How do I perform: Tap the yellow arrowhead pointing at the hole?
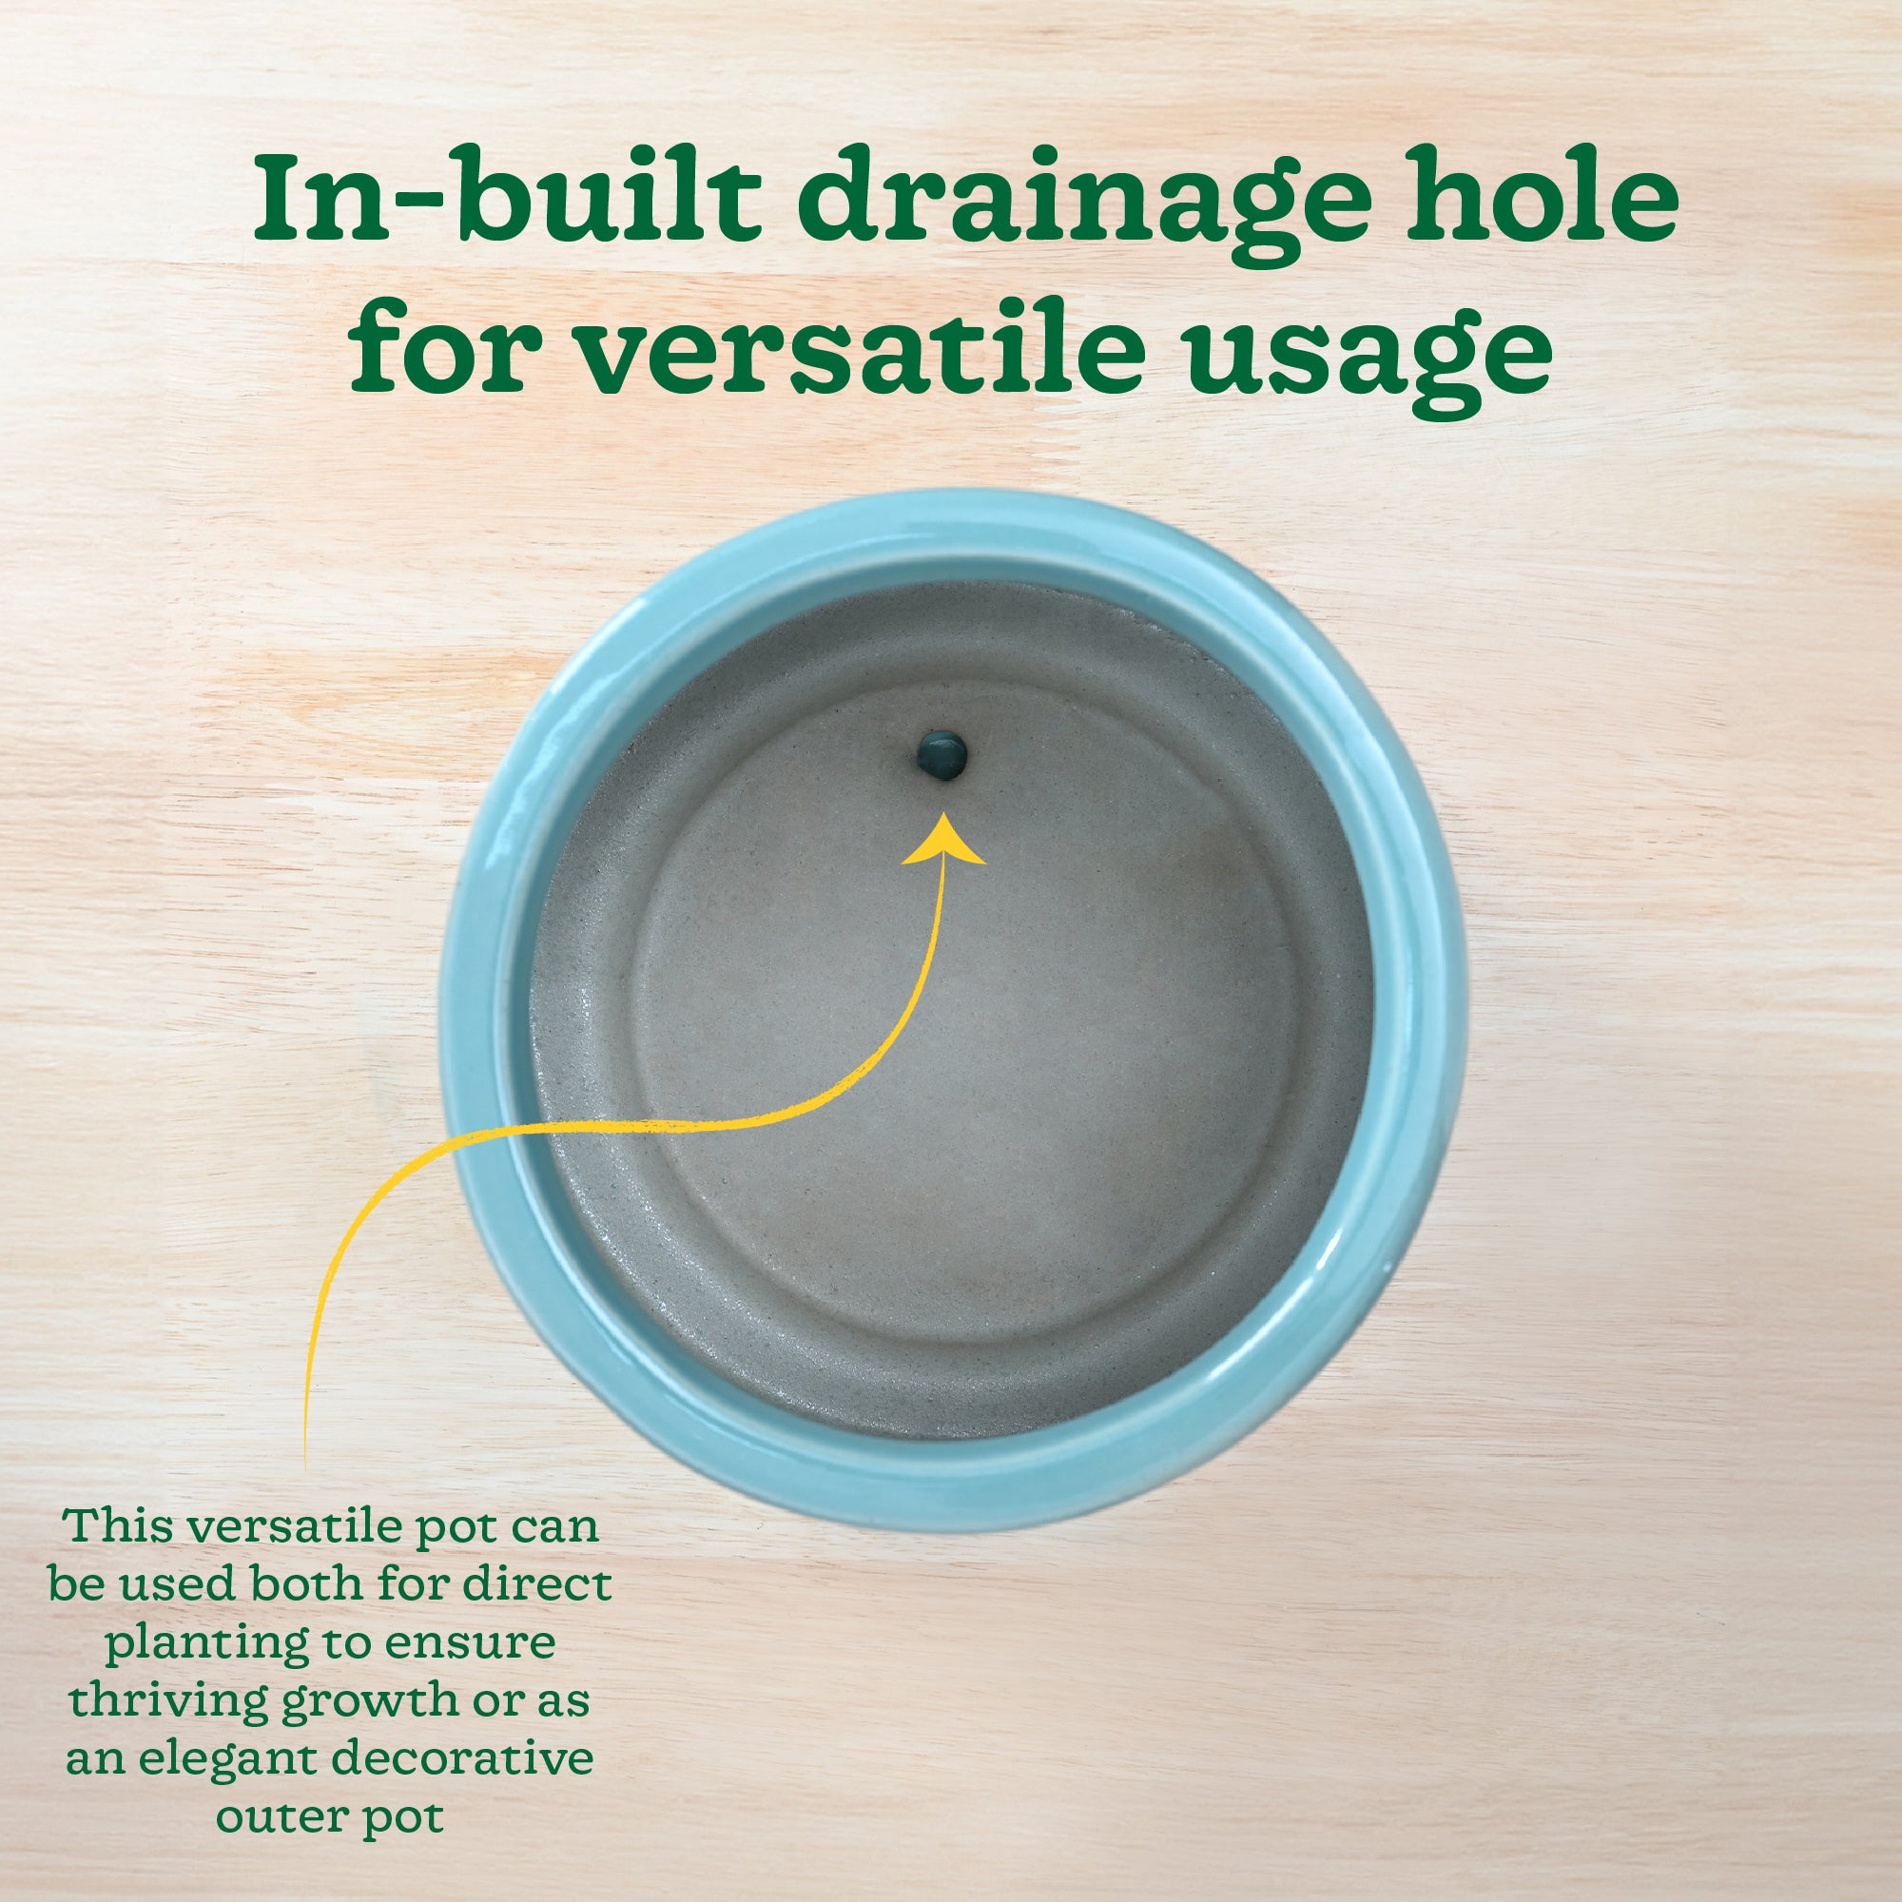point(944,839)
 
